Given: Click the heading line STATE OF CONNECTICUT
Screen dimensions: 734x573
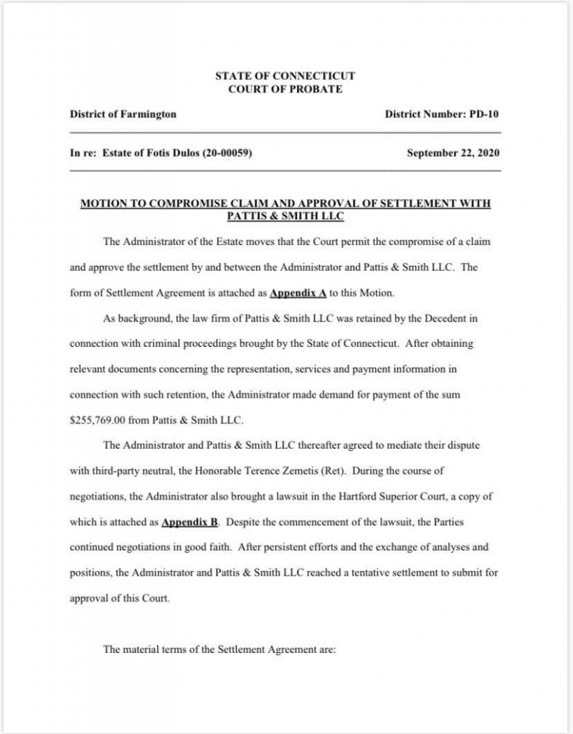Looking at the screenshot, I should pyautogui.click(x=285, y=76).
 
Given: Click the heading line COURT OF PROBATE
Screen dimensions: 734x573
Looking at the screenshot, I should pyautogui.click(x=285, y=90).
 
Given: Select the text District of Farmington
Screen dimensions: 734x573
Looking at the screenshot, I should pyautogui.click(x=123, y=115).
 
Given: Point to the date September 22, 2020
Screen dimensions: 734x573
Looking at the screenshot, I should pyautogui.click(x=453, y=153).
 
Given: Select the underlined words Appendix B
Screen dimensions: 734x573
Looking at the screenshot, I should pyautogui.click(x=189, y=523).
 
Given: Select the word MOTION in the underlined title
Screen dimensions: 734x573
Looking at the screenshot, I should pyautogui.click(x=103, y=204).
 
